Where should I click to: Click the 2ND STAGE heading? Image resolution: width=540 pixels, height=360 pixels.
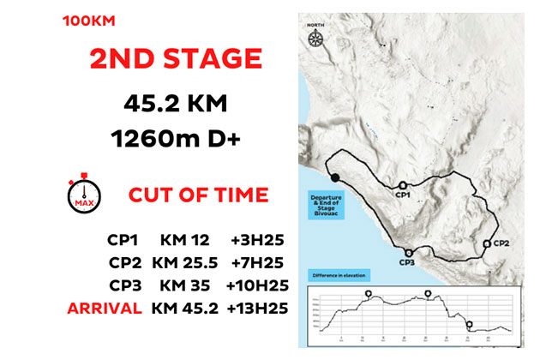tap(175, 59)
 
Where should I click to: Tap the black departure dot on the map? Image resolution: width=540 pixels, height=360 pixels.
tap(336, 177)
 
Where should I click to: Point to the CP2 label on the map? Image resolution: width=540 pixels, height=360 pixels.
tap(502, 243)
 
